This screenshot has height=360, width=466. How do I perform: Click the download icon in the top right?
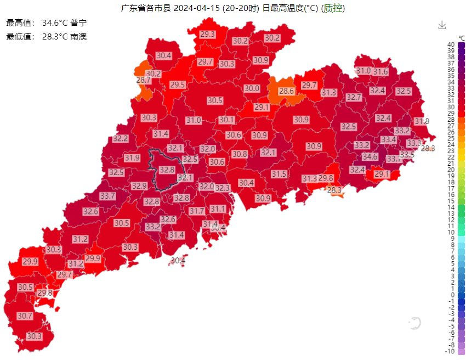point(442,25)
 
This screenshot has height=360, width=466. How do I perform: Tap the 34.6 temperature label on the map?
point(370,157)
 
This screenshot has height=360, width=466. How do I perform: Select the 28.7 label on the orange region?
point(144,81)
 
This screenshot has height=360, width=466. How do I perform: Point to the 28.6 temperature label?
point(287,91)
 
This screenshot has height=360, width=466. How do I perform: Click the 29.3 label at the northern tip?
point(208,34)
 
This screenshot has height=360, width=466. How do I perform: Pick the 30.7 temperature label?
point(25,316)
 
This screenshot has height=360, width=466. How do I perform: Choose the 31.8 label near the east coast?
point(422,121)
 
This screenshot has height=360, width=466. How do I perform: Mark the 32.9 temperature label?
point(139,186)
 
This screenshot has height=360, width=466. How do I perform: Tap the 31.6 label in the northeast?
point(380,72)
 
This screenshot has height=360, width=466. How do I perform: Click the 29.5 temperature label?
point(177,85)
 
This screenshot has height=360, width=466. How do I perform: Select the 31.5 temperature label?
point(279,174)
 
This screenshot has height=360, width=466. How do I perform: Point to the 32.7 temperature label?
point(354,98)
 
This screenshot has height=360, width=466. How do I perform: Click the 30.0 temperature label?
point(252,88)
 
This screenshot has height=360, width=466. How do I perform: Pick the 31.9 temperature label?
point(132,158)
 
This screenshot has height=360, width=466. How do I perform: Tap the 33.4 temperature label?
point(389,140)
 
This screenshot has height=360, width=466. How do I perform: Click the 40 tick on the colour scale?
point(451,44)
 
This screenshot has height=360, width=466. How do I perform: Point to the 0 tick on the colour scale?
point(451,295)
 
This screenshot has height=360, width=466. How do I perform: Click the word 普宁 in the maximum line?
point(79,24)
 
